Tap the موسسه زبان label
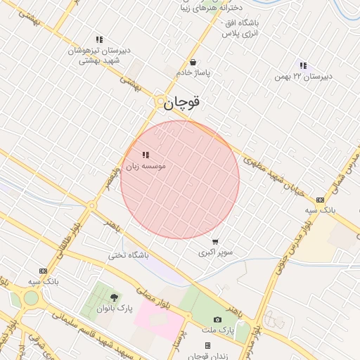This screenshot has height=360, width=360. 145,167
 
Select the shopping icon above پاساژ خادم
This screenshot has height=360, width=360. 193,62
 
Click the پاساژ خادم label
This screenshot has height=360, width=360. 193,73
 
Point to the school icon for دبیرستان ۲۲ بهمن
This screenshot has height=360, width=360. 303,65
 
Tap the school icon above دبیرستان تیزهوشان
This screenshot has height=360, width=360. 99,40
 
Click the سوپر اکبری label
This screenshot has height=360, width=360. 215,252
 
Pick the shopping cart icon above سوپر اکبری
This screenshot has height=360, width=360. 214,241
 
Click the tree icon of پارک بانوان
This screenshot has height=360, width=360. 114,297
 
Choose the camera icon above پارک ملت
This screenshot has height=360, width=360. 217,320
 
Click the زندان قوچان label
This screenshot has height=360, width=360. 207,356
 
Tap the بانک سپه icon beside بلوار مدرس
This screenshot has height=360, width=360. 321,200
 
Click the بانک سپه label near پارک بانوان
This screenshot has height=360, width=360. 42,282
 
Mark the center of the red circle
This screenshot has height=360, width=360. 180,179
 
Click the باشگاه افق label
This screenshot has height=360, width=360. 240,28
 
